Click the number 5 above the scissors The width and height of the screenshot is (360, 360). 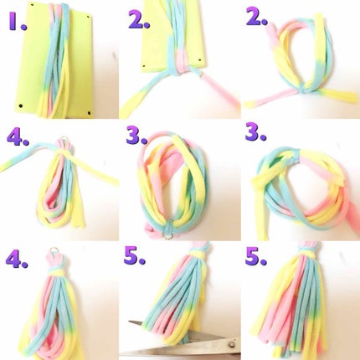coord(136,257)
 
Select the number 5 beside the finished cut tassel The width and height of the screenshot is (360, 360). coord(257,257)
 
